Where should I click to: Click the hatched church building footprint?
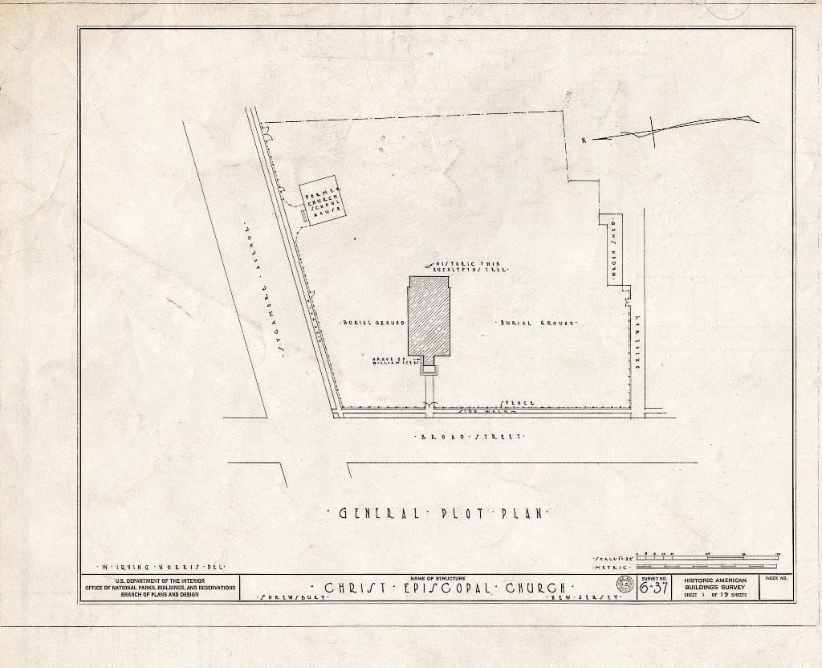(429, 317)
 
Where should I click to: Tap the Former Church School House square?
(322, 200)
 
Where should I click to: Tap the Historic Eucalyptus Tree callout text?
(472, 267)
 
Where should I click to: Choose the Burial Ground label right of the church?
(537, 322)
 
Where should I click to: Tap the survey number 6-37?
(653, 589)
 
